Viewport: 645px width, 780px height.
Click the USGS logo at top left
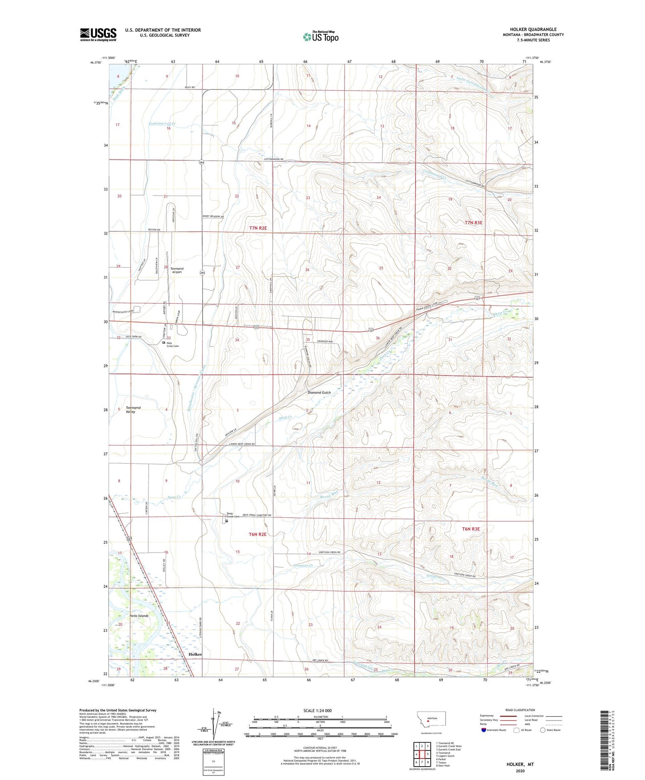pyautogui.click(x=98, y=34)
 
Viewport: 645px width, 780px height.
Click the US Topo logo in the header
pyautogui.click(x=320, y=37)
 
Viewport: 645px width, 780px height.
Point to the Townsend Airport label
pyautogui.click(x=177, y=270)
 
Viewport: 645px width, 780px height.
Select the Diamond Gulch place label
pyautogui.click(x=319, y=393)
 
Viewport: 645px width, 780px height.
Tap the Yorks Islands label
pyautogui.click(x=139, y=616)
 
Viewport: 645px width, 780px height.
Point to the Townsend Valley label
pyautogui.click(x=133, y=410)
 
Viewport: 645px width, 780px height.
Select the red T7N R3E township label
pyautogui.click(x=473, y=222)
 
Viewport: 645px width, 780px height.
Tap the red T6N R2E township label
pyautogui.click(x=257, y=534)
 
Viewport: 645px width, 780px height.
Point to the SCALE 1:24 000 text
pyautogui.click(x=317, y=710)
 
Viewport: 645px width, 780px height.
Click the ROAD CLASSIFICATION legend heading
pyautogui.click(x=520, y=710)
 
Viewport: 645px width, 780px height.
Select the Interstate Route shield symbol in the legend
pyautogui.click(x=484, y=730)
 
